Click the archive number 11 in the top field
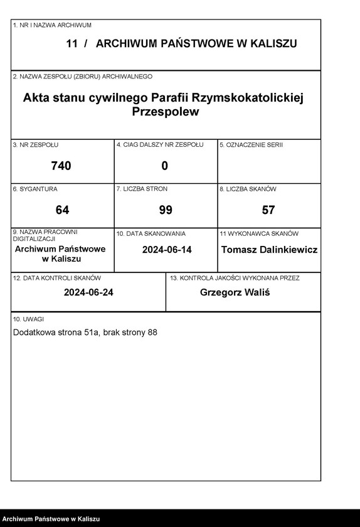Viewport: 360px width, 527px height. coord(71,44)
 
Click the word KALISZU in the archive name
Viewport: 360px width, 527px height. coord(272,44)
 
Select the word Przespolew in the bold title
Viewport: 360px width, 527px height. coord(166,112)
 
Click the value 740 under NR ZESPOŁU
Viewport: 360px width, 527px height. coord(61,166)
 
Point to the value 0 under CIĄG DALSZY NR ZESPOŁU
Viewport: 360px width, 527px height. coord(165,166)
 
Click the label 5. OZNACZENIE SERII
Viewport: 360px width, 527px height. coord(251,145)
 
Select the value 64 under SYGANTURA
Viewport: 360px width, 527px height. coord(62,210)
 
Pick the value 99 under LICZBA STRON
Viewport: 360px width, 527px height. coord(166,210)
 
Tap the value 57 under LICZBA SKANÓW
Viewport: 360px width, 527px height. coord(268,210)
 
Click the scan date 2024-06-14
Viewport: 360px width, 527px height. coord(167,250)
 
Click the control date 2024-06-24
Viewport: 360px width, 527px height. coord(88,292)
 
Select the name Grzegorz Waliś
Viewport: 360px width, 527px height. coord(235,292)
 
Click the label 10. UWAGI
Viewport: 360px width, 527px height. coord(26,319)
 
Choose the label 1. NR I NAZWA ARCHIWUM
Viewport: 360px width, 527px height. coord(52,25)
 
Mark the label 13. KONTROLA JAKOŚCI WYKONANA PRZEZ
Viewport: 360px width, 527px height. coord(235,277)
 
